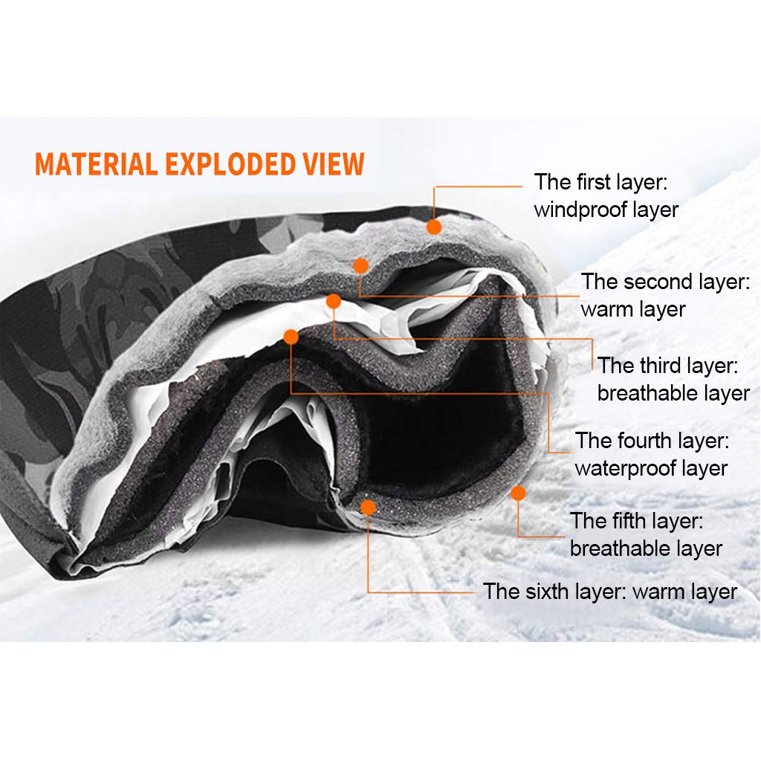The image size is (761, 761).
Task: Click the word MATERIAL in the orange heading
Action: click(x=96, y=163)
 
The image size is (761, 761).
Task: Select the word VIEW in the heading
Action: click(x=332, y=163)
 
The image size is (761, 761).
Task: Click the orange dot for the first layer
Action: click(x=434, y=227)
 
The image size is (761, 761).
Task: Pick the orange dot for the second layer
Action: click(x=361, y=265)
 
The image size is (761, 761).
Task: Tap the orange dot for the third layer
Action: click(x=334, y=301)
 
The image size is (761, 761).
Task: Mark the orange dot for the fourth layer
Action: click(x=291, y=337)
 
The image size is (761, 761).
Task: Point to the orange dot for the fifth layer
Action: click(x=518, y=493)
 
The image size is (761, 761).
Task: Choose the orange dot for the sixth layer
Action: click(x=366, y=507)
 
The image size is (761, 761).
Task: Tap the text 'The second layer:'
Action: click(x=665, y=282)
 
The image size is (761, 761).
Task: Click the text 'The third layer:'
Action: click(x=667, y=366)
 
